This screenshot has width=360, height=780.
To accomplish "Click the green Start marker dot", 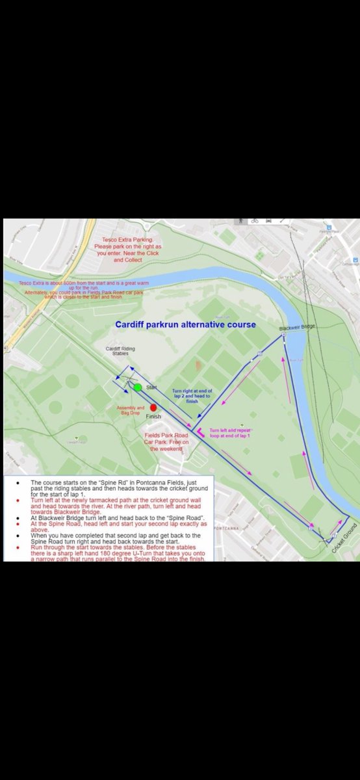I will (138, 387).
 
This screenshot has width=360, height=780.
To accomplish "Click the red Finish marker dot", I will (154, 408).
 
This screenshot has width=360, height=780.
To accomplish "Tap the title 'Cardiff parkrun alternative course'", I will (185, 324).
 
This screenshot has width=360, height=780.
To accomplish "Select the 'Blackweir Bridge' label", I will (297, 328).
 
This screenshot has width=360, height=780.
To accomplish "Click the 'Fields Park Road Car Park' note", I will (166, 442).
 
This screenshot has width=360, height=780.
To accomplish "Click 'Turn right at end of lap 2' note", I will (192, 396).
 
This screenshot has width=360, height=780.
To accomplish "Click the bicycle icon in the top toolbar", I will (254, 221).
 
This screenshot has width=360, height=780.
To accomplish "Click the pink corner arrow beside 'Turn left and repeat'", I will (200, 432).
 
